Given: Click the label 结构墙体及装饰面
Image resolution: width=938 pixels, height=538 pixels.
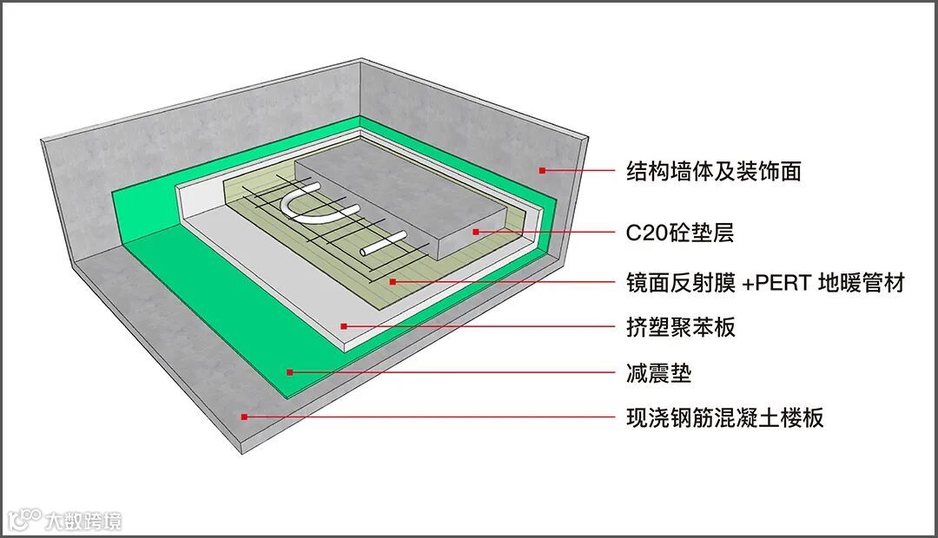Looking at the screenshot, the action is pos(713,171).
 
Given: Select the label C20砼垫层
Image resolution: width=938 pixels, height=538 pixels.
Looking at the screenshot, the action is pos(680,233).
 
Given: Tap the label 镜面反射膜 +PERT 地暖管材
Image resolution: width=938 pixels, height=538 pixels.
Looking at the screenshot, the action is pos(765,282).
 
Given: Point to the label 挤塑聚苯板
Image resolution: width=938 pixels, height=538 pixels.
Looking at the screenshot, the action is pos(681,327).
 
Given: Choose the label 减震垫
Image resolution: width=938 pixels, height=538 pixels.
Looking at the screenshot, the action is pos(658,373).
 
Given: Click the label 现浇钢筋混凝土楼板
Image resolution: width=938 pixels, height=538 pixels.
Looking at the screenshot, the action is pos(724,418).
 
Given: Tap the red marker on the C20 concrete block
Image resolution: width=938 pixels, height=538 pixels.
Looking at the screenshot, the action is pos(475,232).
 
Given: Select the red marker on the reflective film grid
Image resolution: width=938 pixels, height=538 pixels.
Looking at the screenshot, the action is pos(393,281).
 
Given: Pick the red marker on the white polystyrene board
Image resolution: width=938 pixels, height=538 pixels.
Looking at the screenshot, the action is pos(344,326).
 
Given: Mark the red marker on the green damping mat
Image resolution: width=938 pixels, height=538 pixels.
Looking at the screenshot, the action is pos(290,371).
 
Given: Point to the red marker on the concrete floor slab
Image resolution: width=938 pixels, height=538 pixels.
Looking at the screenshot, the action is pos(245,417).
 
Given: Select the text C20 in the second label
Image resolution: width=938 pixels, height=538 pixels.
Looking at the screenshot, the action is pos(646,233).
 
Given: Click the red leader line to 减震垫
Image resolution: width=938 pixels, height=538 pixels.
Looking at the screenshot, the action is pos(452,372).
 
